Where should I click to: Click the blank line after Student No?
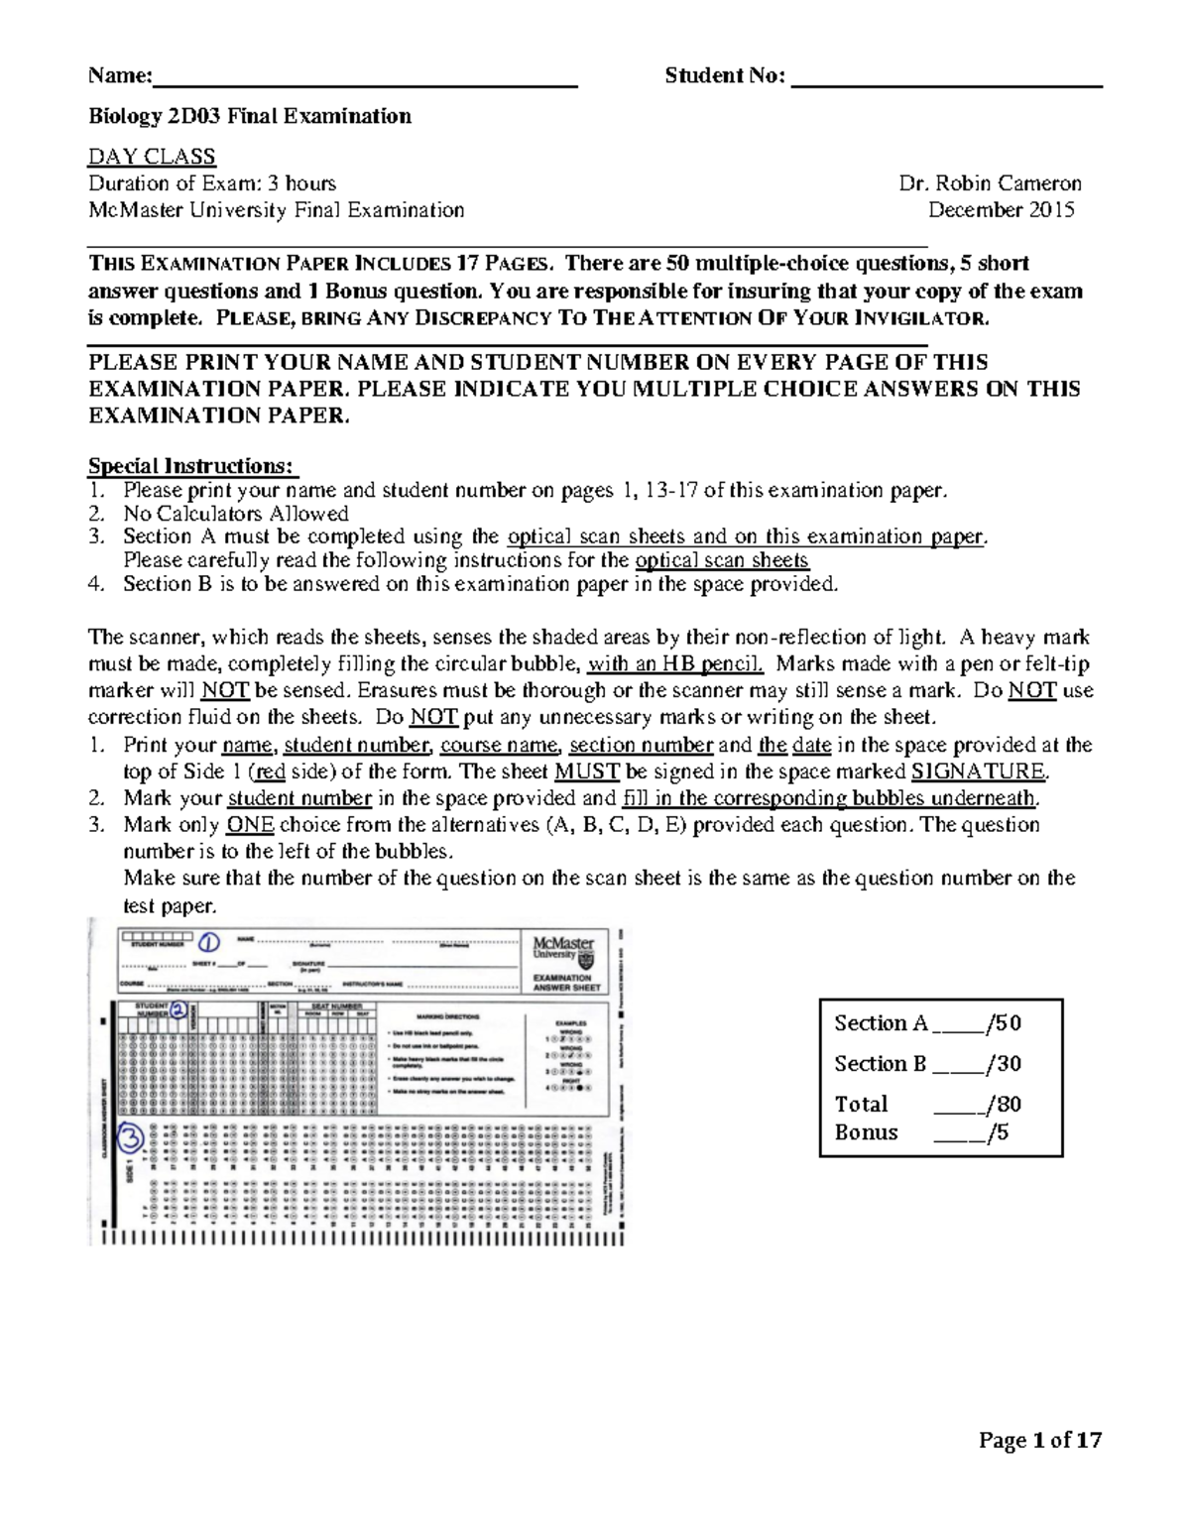click(x=947, y=78)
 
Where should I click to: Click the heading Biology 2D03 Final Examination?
click(x=250, y=117)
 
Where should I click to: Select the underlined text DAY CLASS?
click(x=152, y=157)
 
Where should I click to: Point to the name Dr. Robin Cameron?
click(x=990, y=183)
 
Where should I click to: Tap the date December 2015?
click(x=1001, y=210)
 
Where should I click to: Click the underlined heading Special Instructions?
click(x=193, y=466)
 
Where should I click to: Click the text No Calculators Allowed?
click(x=236, y=514)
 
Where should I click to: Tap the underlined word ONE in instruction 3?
click(x=251, y=825)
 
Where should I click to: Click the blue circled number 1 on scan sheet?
click(x=209, y=943)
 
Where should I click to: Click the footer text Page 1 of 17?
click(x=1039, y=1441)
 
